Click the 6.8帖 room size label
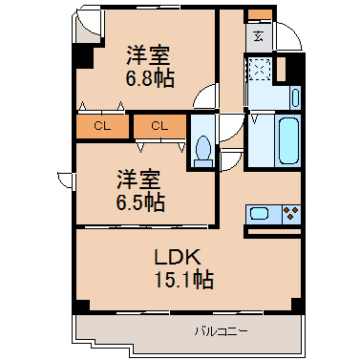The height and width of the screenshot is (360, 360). pyautogui.click(x=150, y=78)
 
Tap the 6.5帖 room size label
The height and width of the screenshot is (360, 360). pyautogui.click(x=140, y=202)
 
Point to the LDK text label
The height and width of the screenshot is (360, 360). pyautogui.click(x=178, y=257)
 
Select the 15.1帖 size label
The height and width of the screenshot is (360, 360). pyautogui.click(x=184, y=279)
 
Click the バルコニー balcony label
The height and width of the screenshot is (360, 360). pyautogui.click(x=222, y=331)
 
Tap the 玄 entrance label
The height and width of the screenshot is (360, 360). pyautogui.click(x=259, y=37)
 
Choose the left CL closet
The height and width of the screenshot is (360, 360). pyautogui.click(x=102, y=126)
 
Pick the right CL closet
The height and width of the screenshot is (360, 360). pyautogui.click(x=159, y=126)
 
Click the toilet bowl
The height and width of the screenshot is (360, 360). pyautogui.click(x=203, y=152)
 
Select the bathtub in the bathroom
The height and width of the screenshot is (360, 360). pyautogui.click(x=289, y=139)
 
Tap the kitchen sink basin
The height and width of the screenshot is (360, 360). pyautogui.click(x=260, y=213)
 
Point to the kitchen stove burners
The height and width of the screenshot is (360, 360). pyautogui.click(x=291, y=214)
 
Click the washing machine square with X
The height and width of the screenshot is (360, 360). pyautogui.click(x=260, y=69)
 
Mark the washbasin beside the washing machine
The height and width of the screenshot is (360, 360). pyautogui.click(x=296, y=97)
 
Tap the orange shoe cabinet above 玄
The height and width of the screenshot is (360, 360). pyautogui.click(x=260, y=14)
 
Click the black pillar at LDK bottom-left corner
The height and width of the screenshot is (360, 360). pyautogui.click(x=82, y=306)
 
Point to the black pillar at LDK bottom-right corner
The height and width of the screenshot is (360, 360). pyautogui.click(x=297, y=305)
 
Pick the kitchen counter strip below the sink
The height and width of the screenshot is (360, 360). pyautogui.click(x=274, y=231)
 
